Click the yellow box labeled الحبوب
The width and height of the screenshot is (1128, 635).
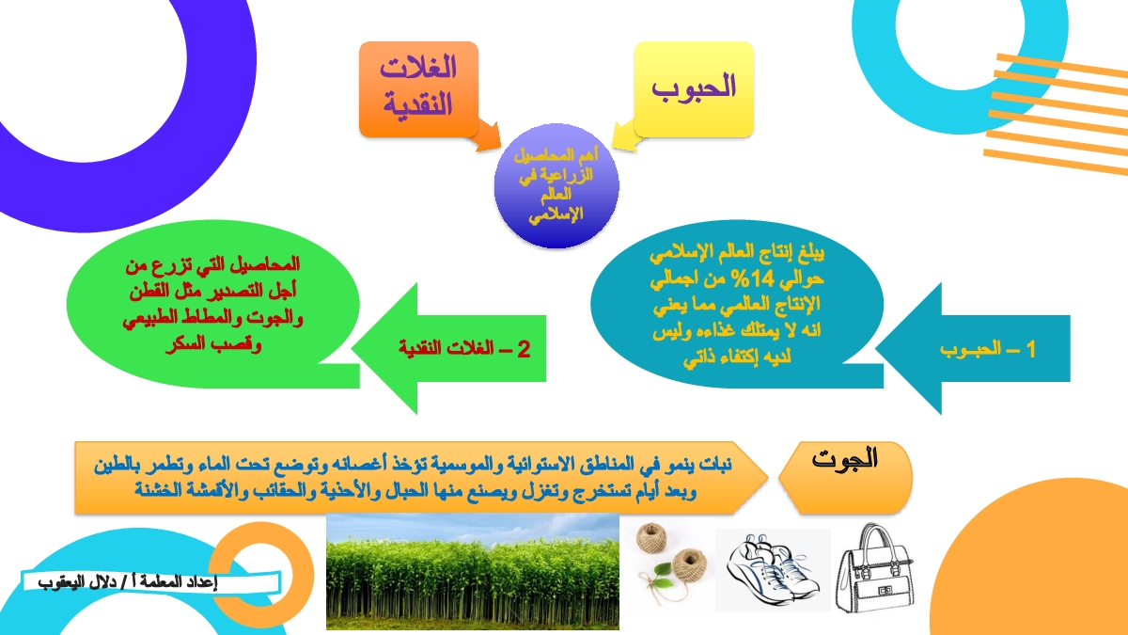[x=694, y=89]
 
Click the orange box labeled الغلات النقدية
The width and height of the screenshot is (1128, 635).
[x=418, y=89]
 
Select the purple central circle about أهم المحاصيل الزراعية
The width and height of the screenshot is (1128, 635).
[x=556, y=186]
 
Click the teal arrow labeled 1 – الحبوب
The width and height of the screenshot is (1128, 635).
[x=972, y=349]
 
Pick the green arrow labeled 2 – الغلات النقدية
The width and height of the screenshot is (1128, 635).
[x=448, y=349]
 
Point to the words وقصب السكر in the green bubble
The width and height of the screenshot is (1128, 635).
[x=213, y=345]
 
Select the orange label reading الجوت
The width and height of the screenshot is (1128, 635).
[x=845, y=477]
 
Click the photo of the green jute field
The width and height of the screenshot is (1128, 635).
[x=472, y=572]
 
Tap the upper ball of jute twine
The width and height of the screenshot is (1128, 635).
[x=651, y=537]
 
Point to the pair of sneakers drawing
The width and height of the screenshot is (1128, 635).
[x=773, y=570]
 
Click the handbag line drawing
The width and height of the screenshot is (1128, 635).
[x=876, y=568]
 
